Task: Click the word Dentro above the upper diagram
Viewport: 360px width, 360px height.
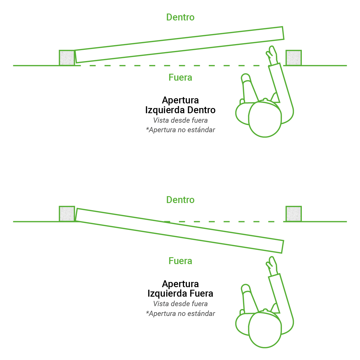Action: coord(180,17)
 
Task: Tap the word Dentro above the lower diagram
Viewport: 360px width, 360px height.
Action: coord(180,200)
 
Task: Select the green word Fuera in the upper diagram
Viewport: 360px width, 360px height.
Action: coord(180,77)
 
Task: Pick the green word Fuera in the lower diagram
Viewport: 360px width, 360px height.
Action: coord(180,261)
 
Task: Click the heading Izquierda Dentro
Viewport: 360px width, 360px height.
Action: coord(180,110)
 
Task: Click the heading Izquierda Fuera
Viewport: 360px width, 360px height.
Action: coord(180,293)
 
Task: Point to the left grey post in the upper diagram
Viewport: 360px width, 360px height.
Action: coord(67,58)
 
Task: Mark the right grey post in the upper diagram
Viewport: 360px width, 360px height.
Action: coord(294,58)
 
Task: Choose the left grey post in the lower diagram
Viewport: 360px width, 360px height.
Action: coord(67,214)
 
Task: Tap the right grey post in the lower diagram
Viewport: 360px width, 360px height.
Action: coord(294,214)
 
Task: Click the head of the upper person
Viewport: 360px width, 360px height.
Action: coord(265,119)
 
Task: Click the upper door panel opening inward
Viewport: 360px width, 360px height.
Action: coord(179,45)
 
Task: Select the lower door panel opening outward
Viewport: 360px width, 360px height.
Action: coord(179,231)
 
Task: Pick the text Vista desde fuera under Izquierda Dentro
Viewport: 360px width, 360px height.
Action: coord(180,120)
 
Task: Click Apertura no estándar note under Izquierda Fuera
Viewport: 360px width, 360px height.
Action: coord(180,313)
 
